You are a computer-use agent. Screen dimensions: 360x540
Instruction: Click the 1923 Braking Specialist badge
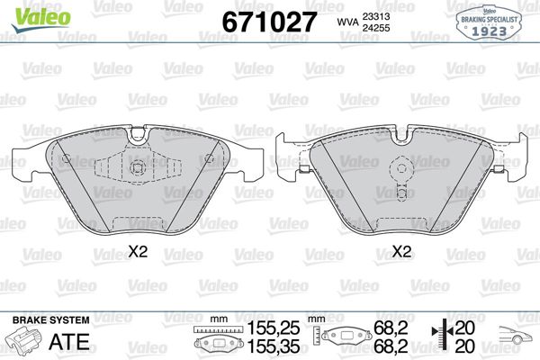pyautogui.click(x=490, y=21)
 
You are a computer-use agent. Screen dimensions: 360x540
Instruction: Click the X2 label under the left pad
pyautogui.click(x=138, y=253)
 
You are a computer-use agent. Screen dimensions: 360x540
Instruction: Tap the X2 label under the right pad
pyautogui.click(x=402, y=253)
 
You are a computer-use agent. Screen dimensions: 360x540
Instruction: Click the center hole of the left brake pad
pyautogui.click(x=138, y=169)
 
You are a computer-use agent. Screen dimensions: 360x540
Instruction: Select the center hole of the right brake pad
pyautogui.click(x=402, y=168)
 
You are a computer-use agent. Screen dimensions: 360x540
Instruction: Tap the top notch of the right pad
pyautogui.click(x=402, y=134)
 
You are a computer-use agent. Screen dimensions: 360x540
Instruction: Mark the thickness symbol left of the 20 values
pyautogui.click(x=439, y=337)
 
